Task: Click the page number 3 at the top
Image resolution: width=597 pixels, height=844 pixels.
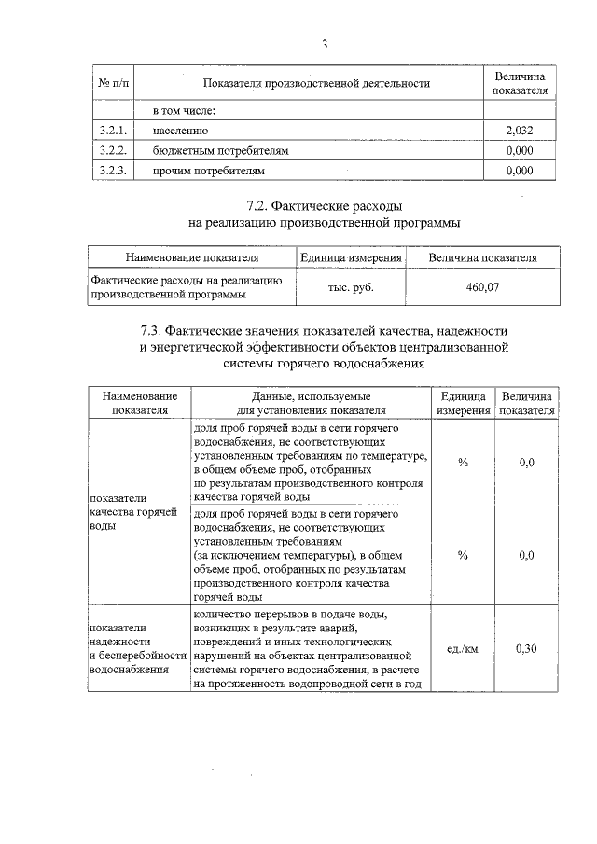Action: tap(325, 44)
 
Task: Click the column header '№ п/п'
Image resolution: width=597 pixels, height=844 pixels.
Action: tap(115, 84)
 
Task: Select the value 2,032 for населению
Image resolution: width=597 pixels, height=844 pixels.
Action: tap(519, 131)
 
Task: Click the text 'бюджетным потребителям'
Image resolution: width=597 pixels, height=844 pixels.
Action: tap(222, 150)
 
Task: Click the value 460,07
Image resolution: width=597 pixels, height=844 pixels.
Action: tap(482, 288)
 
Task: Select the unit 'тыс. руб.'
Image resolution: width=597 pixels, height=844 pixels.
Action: tap(350, 288)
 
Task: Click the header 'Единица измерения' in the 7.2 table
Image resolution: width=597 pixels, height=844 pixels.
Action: tap(350, 257)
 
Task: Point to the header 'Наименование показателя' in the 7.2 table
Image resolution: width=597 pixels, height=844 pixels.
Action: tap(191, 257)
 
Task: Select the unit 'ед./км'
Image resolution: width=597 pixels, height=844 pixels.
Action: tap(463, 649)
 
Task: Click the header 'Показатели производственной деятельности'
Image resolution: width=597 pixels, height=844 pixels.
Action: tap(316, 84)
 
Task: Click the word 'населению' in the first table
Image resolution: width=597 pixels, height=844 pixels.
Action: tap(182, 131)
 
